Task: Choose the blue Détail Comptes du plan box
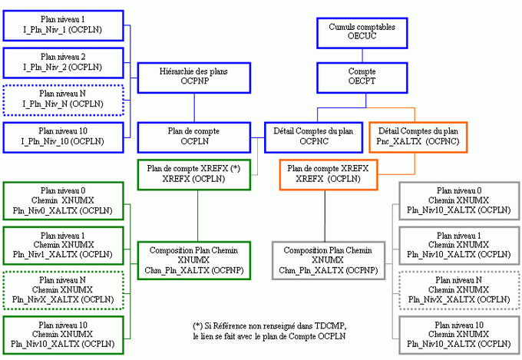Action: point(313,136)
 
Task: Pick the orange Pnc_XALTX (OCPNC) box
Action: point(418,136)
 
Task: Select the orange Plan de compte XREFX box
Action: point(328,173)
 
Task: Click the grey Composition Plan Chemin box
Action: point(328,260)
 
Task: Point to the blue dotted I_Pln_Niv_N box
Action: point(63,97)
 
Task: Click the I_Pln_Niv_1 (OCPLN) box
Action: point(63,25)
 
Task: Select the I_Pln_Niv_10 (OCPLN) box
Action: point(63,136)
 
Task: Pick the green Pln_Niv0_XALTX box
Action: point(63,200)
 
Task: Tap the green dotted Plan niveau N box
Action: point(63,289)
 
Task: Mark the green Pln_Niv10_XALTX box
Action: point(63,334)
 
